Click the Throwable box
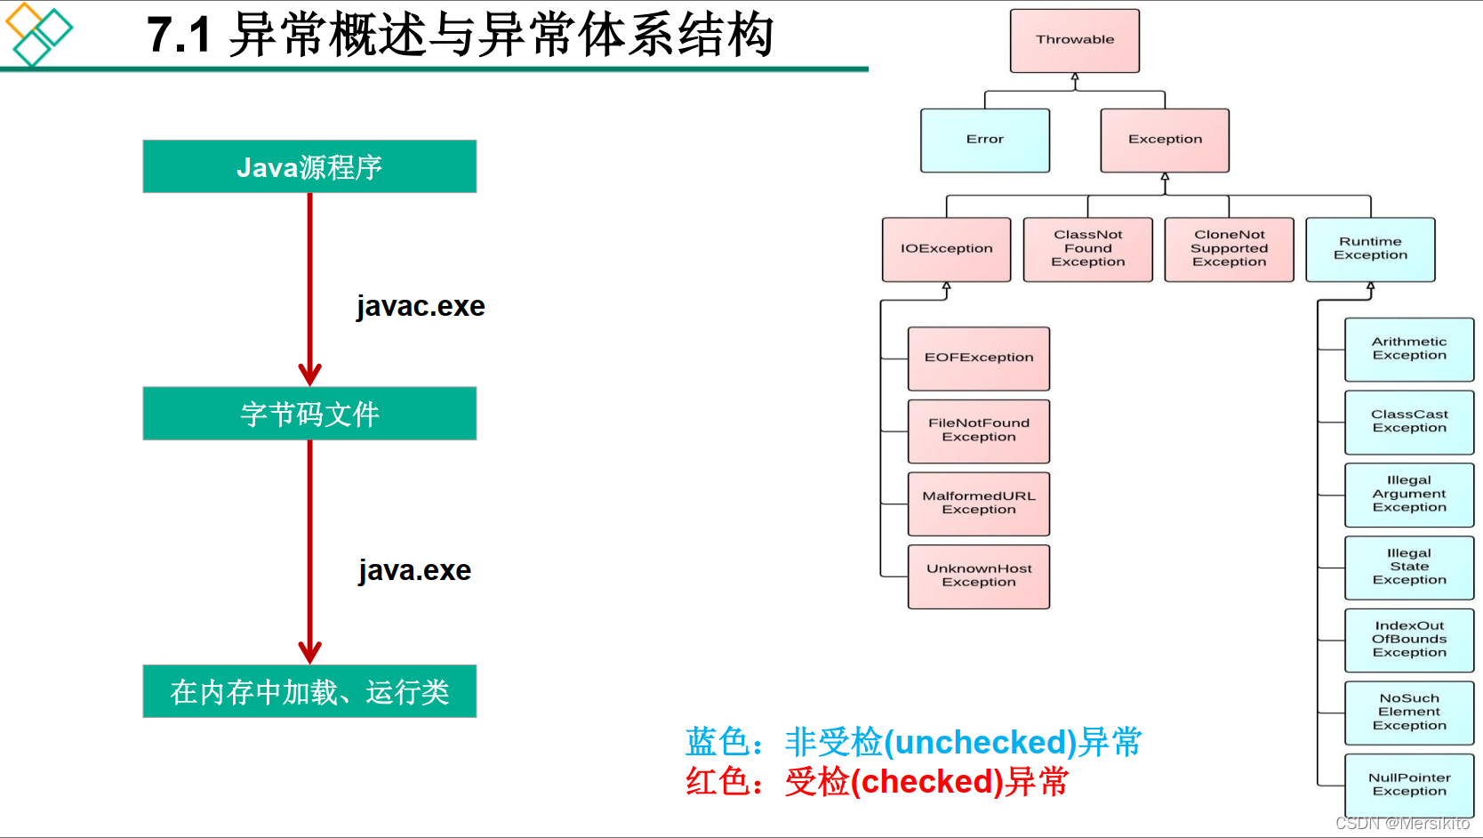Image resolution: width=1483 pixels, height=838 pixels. [x=1074, y=41]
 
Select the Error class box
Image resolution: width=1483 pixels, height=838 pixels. [x=985, y=141]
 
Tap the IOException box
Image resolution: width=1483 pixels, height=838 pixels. [x=946, y=249]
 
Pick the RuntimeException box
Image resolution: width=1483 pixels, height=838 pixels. [x=1370, y=249]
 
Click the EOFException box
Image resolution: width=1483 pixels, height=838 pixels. [x=978, y=359]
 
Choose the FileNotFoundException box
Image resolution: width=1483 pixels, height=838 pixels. [x=978, y=431]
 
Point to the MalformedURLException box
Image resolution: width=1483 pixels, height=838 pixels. [x=978, y=504]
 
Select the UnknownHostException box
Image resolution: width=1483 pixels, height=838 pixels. [x=978, y=576]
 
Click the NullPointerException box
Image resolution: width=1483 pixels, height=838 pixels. [x=1409, y=785]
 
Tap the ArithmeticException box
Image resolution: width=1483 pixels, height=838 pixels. [x=1409, y=349]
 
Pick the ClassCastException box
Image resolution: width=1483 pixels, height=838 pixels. [x=1409, y=422]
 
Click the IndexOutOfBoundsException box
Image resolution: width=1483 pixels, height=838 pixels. [x=1409, y=640]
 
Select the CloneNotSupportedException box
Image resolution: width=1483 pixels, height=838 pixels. [x=1229, y=249]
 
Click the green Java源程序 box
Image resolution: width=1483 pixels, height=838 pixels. [x=309, y=166]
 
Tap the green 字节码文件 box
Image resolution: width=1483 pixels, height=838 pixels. [x=309, y=414]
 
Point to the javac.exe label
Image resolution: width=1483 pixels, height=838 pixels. [x=421, y=306]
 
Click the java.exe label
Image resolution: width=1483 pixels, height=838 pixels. [x=415, y=570]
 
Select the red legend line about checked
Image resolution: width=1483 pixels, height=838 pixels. [x=877, y=782]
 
